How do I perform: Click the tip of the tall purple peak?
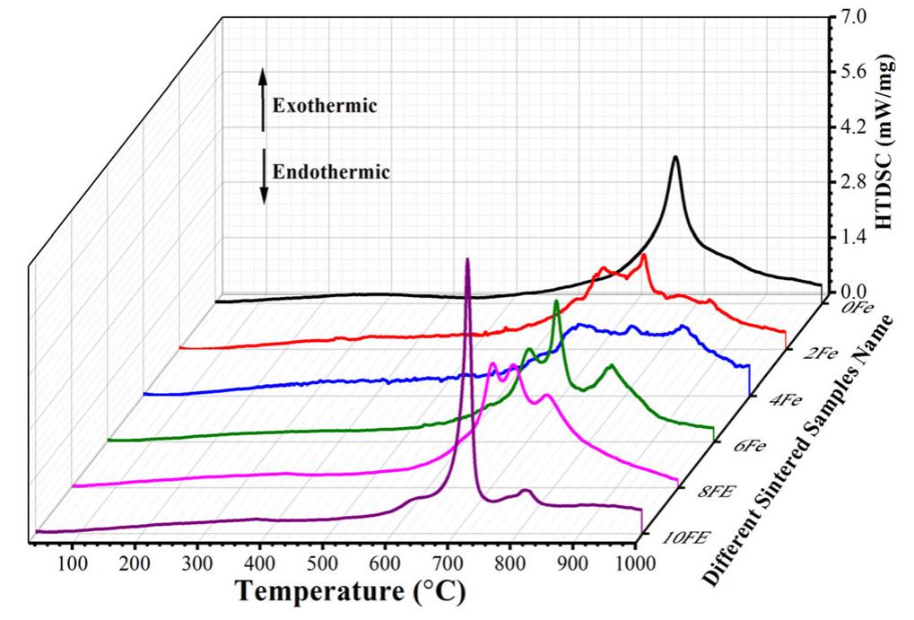(x=467, y=259)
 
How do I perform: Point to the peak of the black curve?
(x=675, y=157)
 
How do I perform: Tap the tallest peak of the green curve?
(x=556, y=301)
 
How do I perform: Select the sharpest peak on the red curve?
(x=643, y=257)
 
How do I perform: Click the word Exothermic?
(x=325, y=106)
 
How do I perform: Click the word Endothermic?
(x=331, y=171)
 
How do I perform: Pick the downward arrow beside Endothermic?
(x=264, y=176)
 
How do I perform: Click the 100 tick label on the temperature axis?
(x=72, y=563)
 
